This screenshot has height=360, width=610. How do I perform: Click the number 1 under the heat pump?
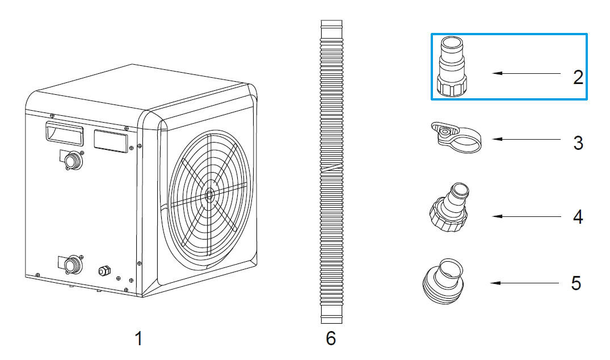click(138, 339)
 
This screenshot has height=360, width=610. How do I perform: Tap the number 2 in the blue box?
click(577, 77)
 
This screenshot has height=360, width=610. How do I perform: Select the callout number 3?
click(577, 143)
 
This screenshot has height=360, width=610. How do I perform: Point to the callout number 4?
click(577, 217)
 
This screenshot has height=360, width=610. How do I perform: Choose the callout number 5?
click(576, 283)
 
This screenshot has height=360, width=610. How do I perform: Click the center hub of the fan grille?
click(210, 194)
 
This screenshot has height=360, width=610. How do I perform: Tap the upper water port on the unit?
click(73, 161)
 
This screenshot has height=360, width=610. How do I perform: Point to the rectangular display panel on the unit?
click(110, 140)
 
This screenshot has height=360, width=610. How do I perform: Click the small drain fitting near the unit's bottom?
click(103, 270)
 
